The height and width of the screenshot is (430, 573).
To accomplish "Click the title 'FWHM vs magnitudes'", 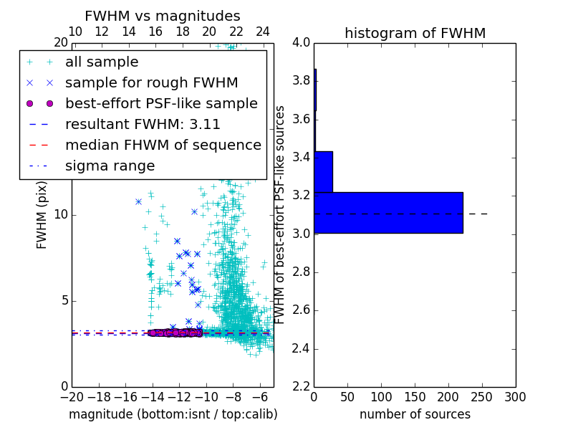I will click(163, 16).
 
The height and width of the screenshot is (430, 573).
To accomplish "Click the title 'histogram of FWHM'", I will click(415, 34).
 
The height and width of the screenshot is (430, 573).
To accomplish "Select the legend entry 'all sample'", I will click(102, 62).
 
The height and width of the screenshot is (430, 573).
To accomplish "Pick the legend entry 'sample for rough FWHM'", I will click(152, 82).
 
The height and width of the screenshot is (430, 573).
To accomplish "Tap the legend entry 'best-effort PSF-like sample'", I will click(161, 103).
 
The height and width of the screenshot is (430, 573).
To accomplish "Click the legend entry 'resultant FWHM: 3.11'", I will click(143, 124).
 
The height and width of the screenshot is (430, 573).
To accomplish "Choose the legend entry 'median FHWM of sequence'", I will click(163, 145).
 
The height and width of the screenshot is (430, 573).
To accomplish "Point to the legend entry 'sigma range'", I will click(110, 166).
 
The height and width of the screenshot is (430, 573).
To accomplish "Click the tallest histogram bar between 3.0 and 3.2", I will click(388, 213).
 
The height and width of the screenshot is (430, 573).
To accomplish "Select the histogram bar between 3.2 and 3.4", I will click(323, 172).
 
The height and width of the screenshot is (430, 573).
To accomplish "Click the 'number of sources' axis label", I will click(415, 414).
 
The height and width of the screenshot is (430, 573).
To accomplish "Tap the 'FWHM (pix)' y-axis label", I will click(42, 215).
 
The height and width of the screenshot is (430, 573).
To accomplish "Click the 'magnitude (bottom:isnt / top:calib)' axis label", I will click(173, 414).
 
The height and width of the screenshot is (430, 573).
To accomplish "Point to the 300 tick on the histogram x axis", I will click(515, 396).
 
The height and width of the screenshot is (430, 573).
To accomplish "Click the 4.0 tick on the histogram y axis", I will click(301, 42).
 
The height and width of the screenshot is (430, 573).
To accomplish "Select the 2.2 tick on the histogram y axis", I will click(301, 386).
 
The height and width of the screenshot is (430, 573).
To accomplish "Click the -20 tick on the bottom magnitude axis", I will click(72, 396).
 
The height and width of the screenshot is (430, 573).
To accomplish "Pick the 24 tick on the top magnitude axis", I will click(263, 32).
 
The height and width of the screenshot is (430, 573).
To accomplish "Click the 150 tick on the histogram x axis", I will click(415, 396).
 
